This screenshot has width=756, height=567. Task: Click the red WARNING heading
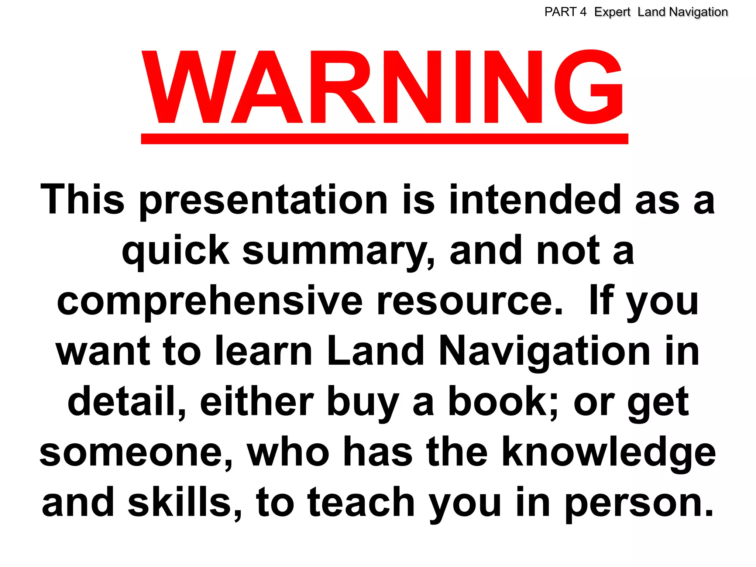(382, 87)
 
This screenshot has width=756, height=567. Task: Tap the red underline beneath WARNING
(384, 139)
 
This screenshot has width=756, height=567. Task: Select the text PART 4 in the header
(565, 12)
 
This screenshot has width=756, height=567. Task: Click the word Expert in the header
(612, 12)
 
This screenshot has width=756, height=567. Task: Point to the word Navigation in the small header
(698, 12)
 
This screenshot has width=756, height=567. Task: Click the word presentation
(264, 201)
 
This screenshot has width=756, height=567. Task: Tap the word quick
(176, 252)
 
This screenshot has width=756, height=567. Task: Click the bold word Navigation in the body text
(544, 352)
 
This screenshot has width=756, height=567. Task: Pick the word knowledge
(609, 453)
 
